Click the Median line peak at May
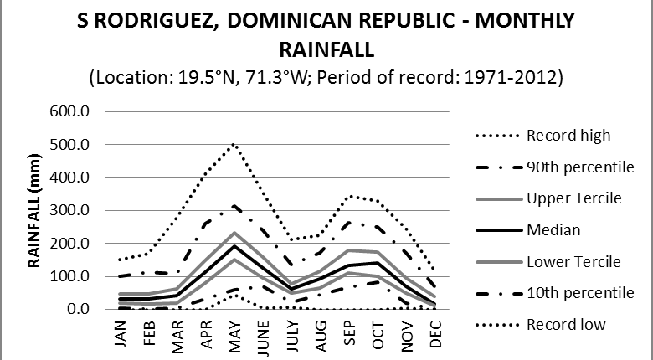click(235, 245)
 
